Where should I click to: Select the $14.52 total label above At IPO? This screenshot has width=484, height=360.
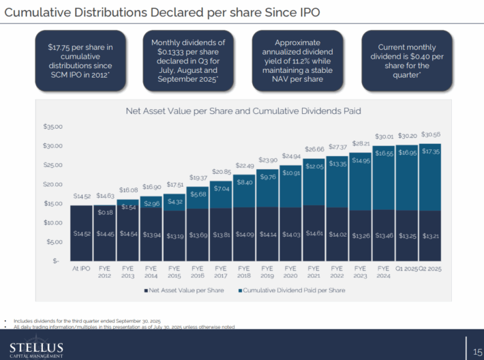pyautogui.click(x=82, y=196)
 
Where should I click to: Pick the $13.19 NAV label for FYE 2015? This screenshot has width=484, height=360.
pyautogui.click(x=175, y=234)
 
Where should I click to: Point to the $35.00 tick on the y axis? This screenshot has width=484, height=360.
pyautogui.click(x=53, y=127)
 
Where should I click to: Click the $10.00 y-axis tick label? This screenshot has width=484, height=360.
pyautogui.click(x=53, y=223)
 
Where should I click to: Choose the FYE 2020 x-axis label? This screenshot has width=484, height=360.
pyautogui.click(x=290, y=273)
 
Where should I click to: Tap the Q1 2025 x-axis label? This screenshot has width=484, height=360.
pyautogui.click(x=406, y=269)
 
